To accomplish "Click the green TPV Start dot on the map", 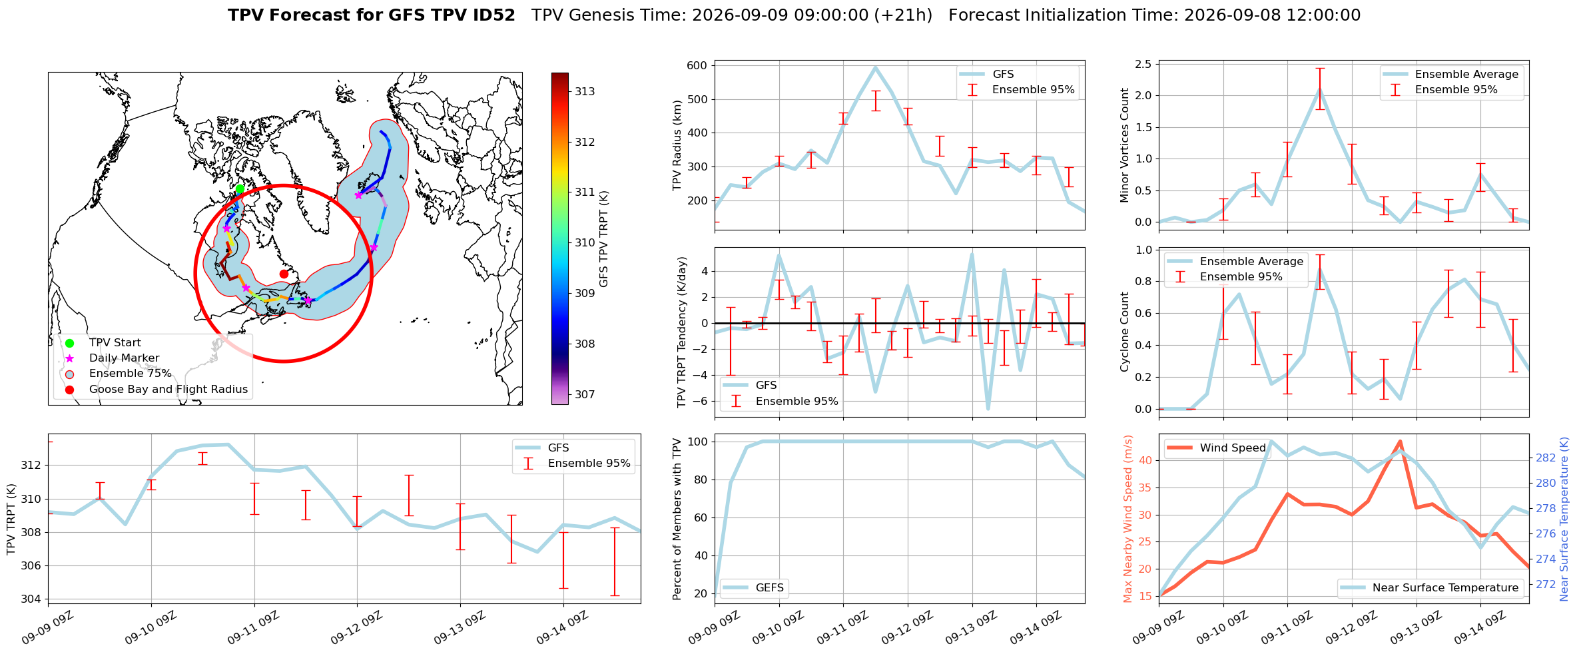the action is point(240,189).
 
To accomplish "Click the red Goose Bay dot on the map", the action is point(284,274).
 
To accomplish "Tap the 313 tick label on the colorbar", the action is point(585,91).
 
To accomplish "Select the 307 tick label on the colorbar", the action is point(585,394).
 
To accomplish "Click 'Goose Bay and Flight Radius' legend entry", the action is point(168,389).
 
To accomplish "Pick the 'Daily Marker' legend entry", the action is point(124,358).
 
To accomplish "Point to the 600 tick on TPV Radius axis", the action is point(697,65).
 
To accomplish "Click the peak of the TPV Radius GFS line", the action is point(876,67).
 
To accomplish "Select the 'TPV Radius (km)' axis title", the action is point(678,145).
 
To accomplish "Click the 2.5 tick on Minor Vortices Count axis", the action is point(1143,64).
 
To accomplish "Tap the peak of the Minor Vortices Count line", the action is point(1320,90).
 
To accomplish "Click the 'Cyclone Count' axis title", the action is point(1125,332).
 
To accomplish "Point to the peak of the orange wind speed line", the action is point(1400,442).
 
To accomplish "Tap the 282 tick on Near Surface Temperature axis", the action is point(1546,458).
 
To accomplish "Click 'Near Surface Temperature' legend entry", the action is point(1430,587).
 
